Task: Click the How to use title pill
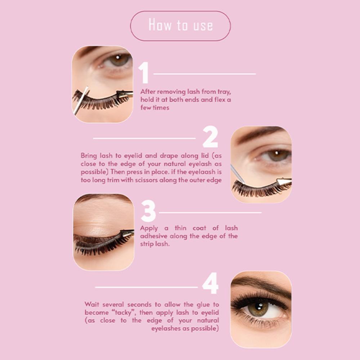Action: pyautogui.click(x=180, y=26)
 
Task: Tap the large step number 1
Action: pyautogui.click(x=144, y=72)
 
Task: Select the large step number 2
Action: pyautogui.click(x=210, y=137)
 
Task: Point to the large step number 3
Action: pyautogui.click(x=148, y=211)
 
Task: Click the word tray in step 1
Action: pyautogui.click(x=224, y=92)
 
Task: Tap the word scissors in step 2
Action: pyautogui.click(x=146, y=180)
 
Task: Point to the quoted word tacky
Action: pyautogui.click(x=123, y=312)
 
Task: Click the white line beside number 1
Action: pyautogui.click(x=204, y=74)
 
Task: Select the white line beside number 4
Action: pyautogui.click(x=146, y=287)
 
